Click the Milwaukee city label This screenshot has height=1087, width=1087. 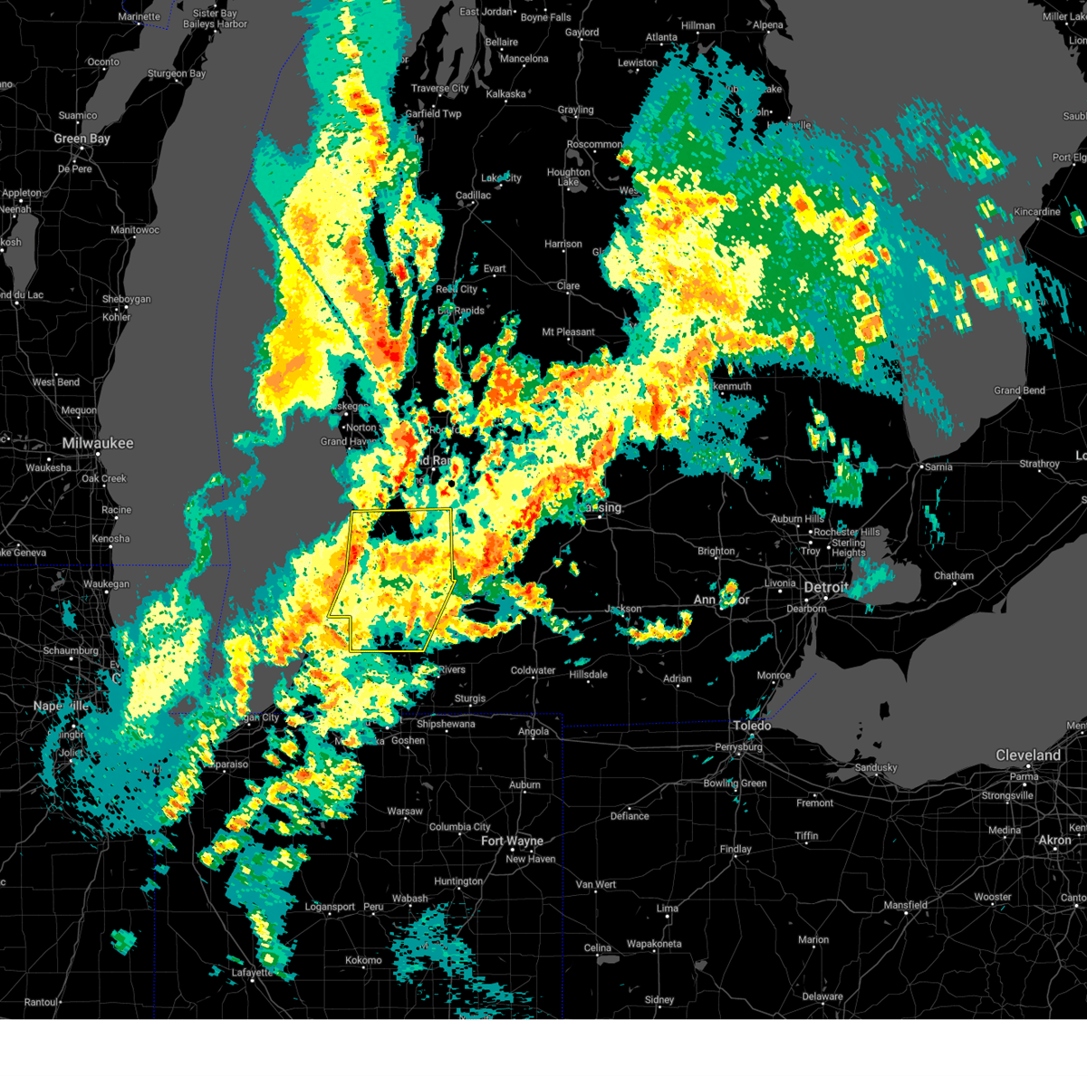tap(98, 443)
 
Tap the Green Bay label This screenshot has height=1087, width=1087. tap(82, 139)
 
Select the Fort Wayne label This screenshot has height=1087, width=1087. tap(512, 841)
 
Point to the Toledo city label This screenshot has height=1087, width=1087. tap(752, 726)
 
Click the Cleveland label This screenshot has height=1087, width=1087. tap(1028, 755)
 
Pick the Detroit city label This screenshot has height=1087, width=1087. tap(826, 588)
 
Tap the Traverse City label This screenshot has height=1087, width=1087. tap(439, 89)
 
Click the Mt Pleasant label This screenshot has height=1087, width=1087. tap(568, 332)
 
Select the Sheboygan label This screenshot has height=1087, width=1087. tap(127, 299)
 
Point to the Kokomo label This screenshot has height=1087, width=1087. tap(363, 960)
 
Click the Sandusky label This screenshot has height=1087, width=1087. tap(876, 768)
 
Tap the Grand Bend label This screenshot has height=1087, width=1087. tap(1019, 390)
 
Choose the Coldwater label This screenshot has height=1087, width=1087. tap(533, 670)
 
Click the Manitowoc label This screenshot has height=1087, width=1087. tap(135, 230)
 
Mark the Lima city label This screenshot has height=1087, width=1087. tap(668, 908)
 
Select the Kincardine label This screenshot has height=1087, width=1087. tap(1036, 212)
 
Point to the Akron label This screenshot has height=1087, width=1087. tap(1054, 841)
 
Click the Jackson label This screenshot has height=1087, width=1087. tap(623, 609)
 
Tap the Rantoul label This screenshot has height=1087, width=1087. tap(41, 1002)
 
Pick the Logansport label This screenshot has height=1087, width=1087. tap(330, 907)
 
